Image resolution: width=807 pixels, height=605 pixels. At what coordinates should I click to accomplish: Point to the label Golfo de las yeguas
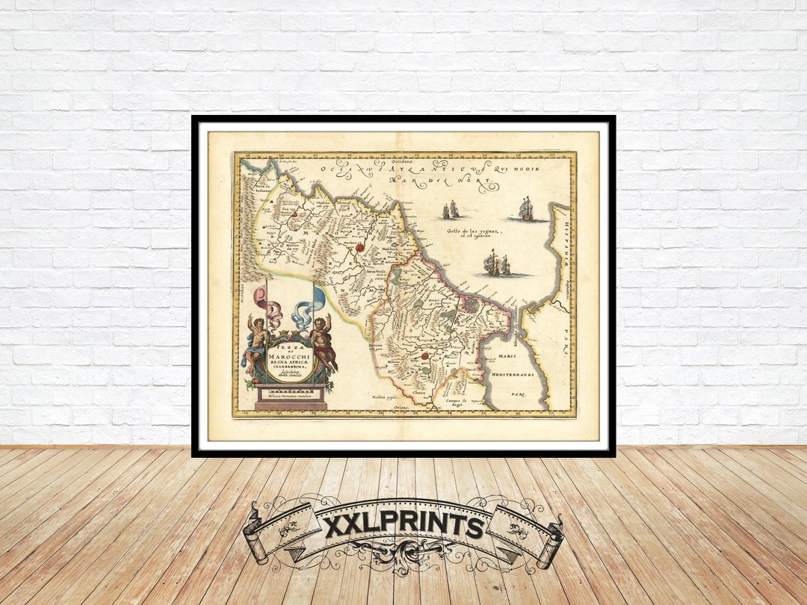pos(473,232)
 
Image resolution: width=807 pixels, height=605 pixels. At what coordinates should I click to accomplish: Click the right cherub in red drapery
pos(322,341)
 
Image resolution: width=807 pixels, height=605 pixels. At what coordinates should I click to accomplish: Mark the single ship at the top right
pos(526,209)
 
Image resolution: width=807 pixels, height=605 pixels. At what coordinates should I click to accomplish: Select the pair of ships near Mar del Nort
pos(451,211)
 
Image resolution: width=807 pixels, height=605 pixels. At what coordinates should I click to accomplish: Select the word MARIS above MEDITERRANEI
pos(507,356)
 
